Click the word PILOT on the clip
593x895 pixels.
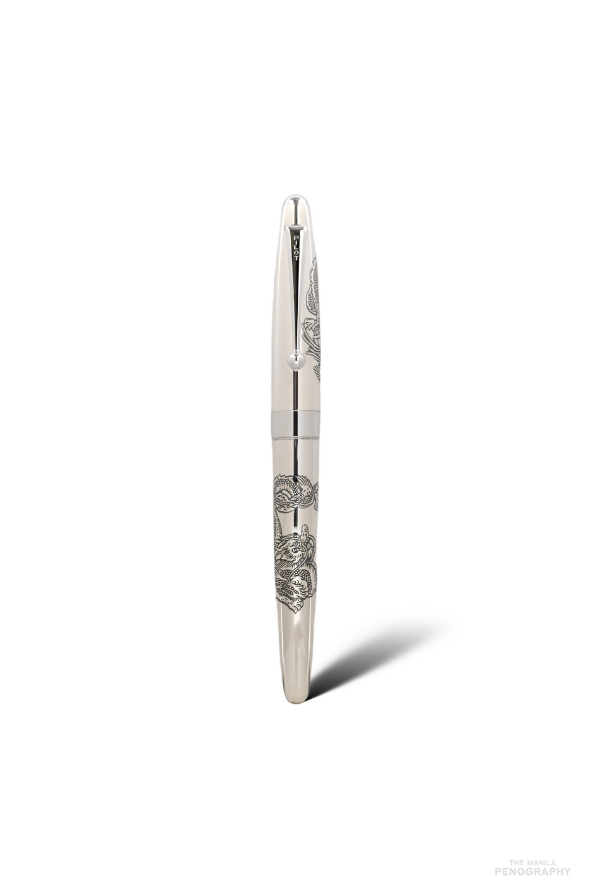coord(296,248)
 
